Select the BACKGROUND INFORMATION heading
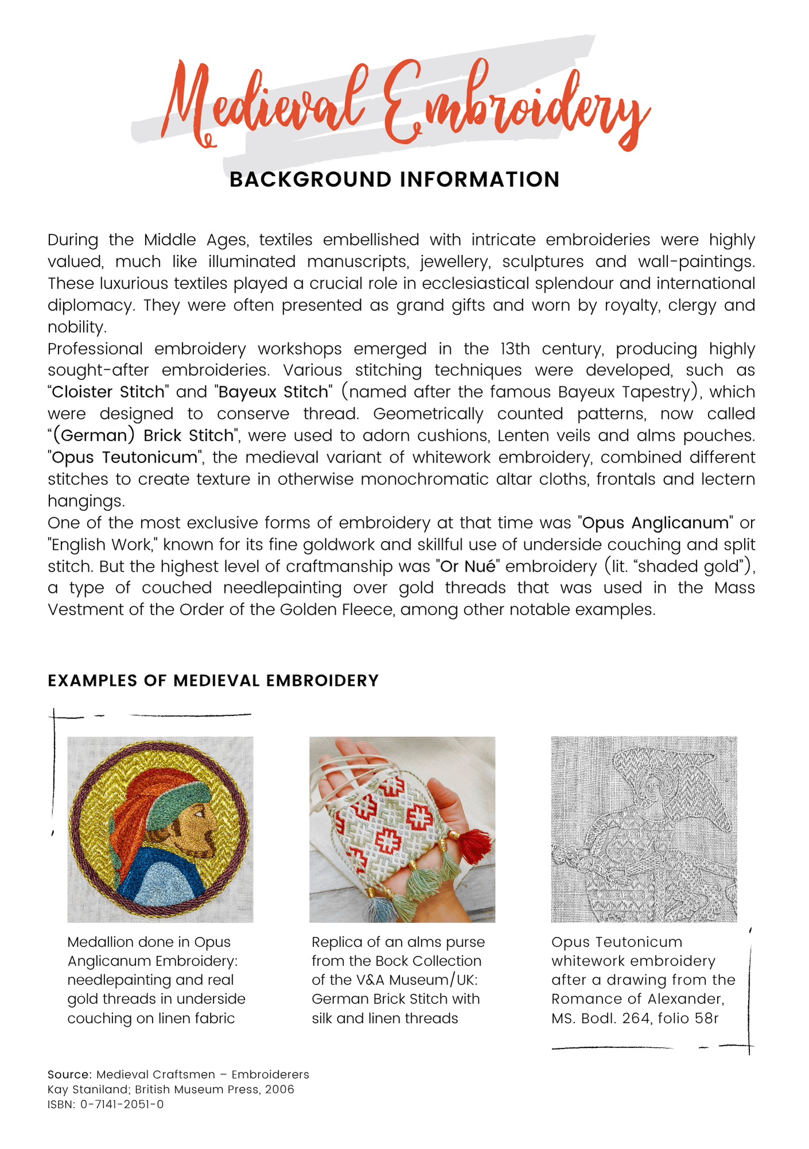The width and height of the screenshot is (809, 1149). point(394,180)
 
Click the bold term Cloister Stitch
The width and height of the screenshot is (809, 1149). point(108,392)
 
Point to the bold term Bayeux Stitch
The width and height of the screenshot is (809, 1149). point(273,392)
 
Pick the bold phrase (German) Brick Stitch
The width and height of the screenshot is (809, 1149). point(143,435)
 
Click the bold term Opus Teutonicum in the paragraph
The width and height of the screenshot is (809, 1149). point(124,457)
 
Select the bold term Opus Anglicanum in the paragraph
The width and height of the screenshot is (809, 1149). point(655,523)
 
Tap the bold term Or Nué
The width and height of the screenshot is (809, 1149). point(467,566)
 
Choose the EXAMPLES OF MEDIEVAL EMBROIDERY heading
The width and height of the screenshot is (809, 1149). point(213,681)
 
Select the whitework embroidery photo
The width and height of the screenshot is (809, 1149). point(644,829)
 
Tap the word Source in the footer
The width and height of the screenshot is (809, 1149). point(69,1075)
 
